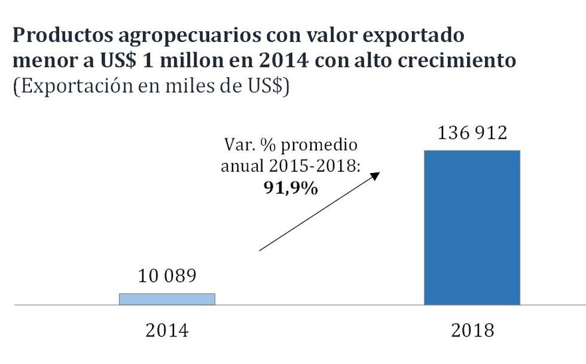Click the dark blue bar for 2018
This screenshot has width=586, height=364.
pyautogui.click(x=472, y=227)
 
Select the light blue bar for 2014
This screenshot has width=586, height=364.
pyautogui.click(x=167, y=299)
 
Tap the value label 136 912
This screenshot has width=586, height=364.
pyautogui.click(x=472, y=132)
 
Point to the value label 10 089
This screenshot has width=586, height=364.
pyautogui.click(x=167, y=277)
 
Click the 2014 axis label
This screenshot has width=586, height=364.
pyautogui.click(x=167, y=330)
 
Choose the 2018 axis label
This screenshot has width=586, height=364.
pyautogui.click(x=472, y=330)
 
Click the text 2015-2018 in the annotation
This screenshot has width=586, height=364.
pyautogui.click(x=322, y=166)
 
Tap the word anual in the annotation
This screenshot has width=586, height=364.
pyautogui.click(x=243, y=166)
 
